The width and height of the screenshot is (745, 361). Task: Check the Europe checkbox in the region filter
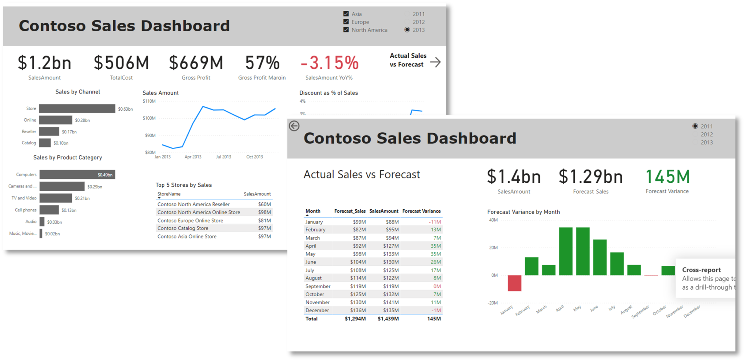click(346, 22)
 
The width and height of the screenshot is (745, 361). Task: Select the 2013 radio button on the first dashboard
click(407, 30)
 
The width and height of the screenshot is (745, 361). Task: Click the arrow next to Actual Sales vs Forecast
click(435, 62)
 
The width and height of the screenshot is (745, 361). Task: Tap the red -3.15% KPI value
click(330, 63)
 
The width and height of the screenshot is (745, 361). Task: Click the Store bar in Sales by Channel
click(77, 108)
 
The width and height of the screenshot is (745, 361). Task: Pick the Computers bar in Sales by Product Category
click(77, 175)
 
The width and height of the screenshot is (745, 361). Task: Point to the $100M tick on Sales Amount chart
click(149, 118)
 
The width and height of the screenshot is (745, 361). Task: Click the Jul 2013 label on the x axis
click(223, 157)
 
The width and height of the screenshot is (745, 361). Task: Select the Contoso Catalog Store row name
click(183, 228)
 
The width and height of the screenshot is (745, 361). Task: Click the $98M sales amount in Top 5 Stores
click(264, 212)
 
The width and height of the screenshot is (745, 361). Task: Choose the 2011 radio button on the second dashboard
click(695, 126)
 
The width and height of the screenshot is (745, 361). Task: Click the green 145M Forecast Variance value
click(668, 177)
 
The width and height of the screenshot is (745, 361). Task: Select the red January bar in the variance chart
click(514, 283)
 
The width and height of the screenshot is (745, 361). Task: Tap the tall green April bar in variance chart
click(566, 251)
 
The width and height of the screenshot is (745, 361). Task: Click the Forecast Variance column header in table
click(421, 211)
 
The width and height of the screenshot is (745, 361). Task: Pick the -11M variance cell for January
click(435, 222)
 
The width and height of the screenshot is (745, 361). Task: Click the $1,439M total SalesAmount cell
click(388, 319)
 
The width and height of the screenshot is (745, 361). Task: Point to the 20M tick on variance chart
click(493, 248)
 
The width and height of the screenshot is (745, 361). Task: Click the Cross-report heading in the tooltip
click(701, 270)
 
